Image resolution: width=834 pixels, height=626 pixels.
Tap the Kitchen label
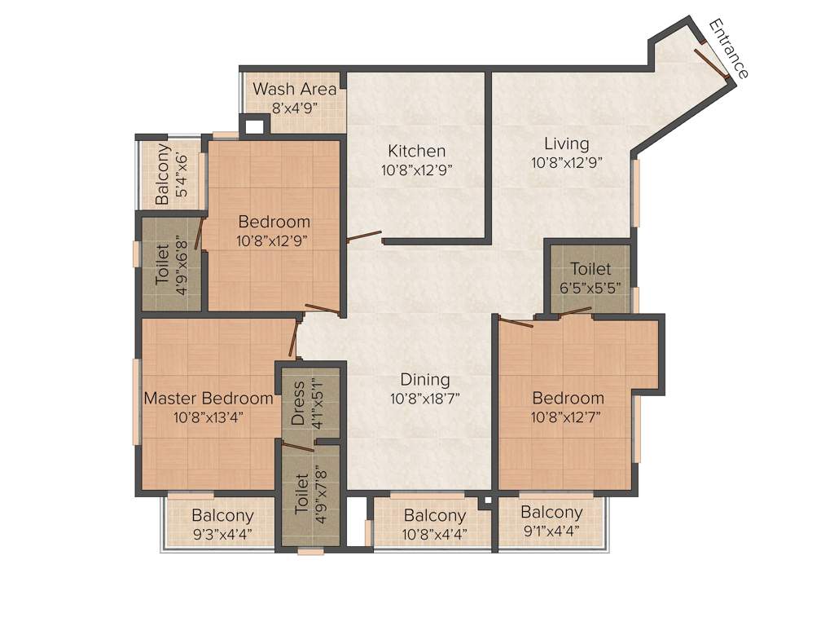click(x=416, y=151)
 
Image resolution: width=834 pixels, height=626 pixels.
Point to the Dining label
click(x=425, y=380)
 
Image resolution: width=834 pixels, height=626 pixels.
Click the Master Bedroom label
click(x=208, y=399)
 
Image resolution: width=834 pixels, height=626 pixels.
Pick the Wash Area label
click(x=294, y=89)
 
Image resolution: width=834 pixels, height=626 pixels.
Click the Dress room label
click(x=298, y=403)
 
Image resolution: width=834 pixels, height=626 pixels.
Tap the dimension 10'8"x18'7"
click(x=425, y=399)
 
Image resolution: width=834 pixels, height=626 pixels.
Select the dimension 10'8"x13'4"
click(x=208, y=417)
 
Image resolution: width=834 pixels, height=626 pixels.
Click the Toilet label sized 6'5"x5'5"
click(x=590, y=269)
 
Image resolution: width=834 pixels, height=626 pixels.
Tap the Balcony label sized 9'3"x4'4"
click(x=222, y=516)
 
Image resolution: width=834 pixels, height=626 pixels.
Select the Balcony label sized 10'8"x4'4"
click(x=434, y=516)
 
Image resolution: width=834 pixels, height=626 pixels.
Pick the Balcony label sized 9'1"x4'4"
click(x=551, y=513)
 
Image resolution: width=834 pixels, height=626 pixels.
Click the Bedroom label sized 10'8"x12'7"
click(x=568, y=398)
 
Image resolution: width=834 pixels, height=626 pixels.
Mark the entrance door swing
click(x=711, y=63)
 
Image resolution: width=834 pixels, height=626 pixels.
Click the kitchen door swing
click(x=363, y=237)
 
